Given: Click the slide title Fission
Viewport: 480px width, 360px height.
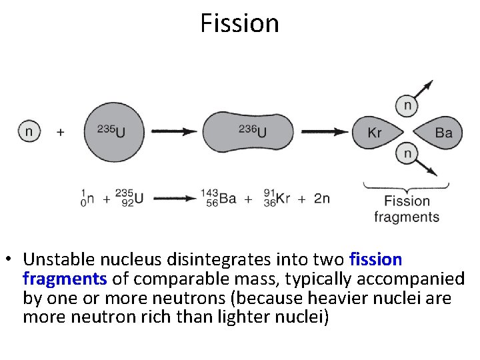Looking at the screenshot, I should point(239,23).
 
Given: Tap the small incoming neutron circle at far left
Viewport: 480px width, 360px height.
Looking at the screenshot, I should point(28,131).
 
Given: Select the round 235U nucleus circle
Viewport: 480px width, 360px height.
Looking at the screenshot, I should point(115,131).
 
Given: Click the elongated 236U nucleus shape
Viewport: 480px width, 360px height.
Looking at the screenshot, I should point(247,131).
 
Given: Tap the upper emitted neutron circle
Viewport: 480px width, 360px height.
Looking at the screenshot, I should point(407,105).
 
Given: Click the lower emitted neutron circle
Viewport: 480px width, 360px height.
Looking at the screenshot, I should point(407,154).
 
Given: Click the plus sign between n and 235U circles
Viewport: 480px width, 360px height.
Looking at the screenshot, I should point(61,132).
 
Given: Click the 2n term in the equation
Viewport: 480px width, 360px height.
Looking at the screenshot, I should point(321,198).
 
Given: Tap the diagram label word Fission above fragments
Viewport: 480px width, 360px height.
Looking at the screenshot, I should point(407,201).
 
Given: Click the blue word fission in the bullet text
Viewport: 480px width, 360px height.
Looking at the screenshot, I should point(375,258).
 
